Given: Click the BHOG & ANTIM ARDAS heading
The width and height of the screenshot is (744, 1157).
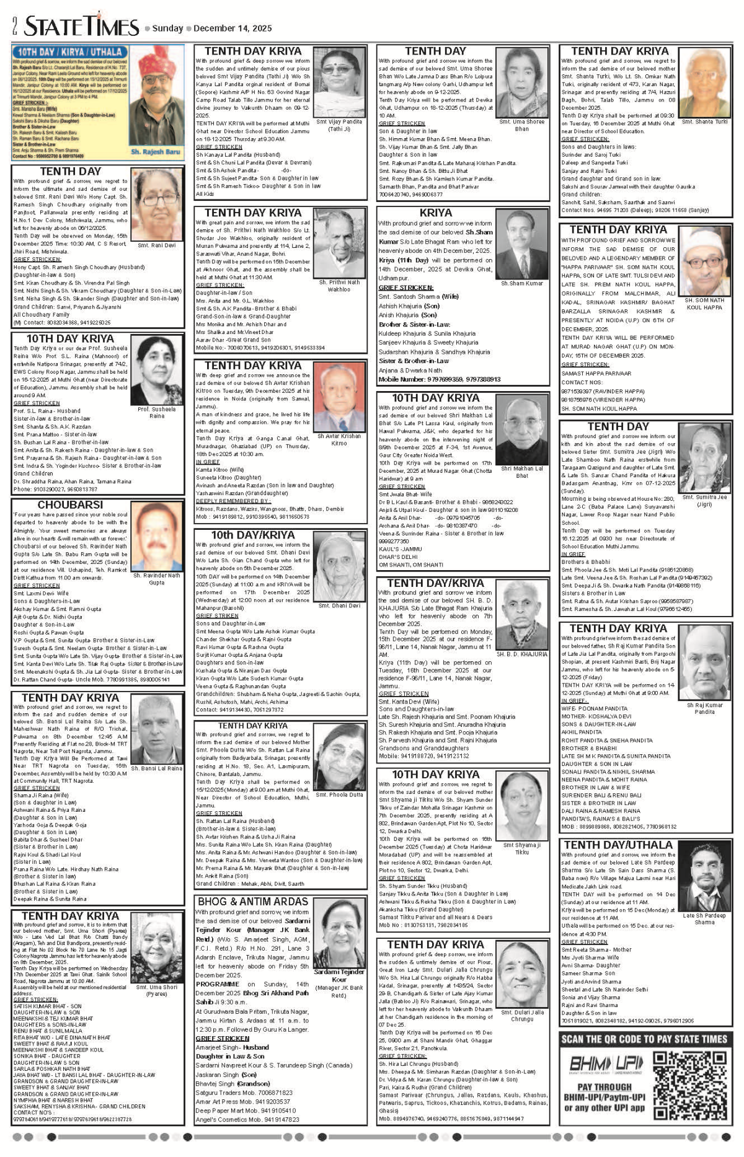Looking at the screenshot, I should tap(252, 901).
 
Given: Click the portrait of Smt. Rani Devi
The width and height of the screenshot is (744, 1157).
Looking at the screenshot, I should tap(156, 205).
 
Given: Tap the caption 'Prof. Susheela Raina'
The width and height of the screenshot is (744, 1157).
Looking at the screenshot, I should tap(156, 412).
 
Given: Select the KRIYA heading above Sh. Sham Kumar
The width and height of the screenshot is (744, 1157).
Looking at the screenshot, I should tap(436, 213).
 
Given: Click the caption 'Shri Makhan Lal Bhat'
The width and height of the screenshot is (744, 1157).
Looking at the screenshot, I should tap(522, 472).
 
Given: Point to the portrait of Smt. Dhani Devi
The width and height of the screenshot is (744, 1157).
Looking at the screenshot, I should tap(339, 569).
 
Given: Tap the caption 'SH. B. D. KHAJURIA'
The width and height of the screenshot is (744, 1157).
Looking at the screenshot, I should tap(522, 654).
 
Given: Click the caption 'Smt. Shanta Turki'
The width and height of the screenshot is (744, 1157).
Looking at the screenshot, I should tap(704, 122).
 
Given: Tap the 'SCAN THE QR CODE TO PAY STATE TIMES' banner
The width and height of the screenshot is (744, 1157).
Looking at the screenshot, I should tap(645, 1039).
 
